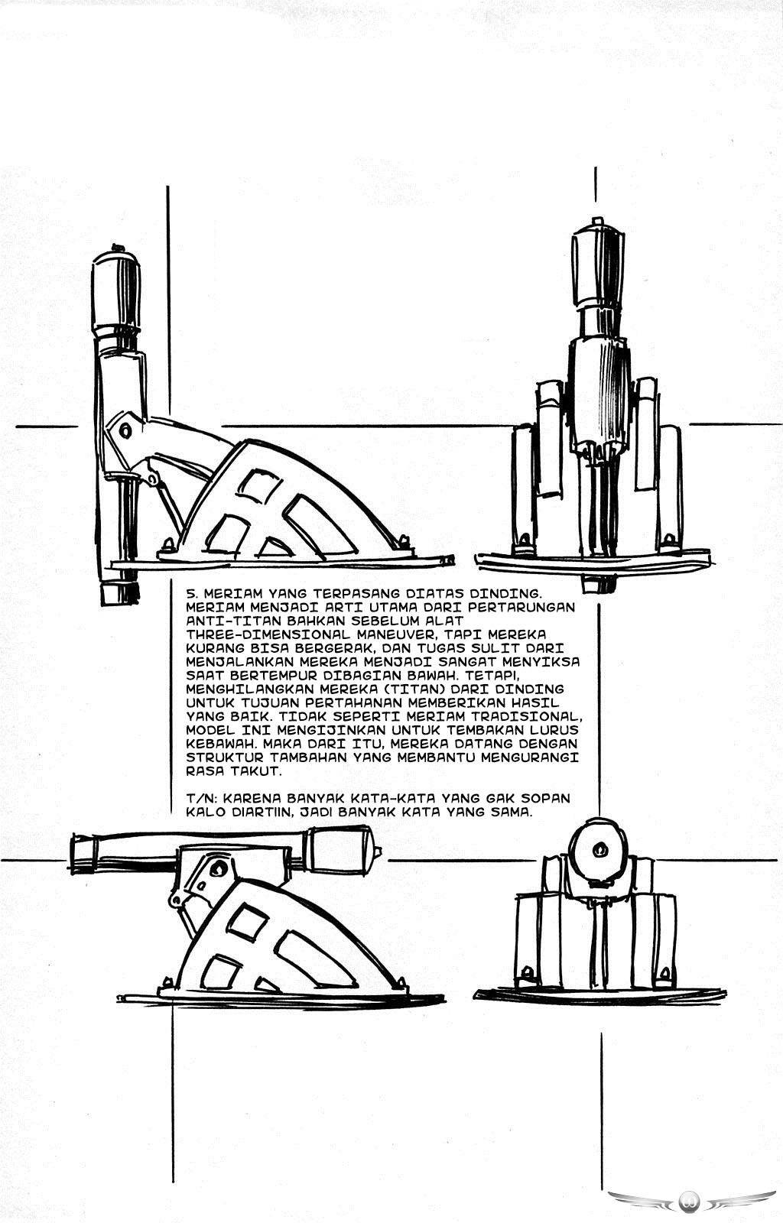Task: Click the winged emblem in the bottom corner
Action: [x=691, y=1200]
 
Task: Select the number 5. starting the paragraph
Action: [x=193, y=593]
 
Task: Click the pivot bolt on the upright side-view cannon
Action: [x=125, y=430]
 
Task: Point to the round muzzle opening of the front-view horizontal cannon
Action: [x=599, y=850]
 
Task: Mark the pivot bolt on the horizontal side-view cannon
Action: [x=219, y=867]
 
